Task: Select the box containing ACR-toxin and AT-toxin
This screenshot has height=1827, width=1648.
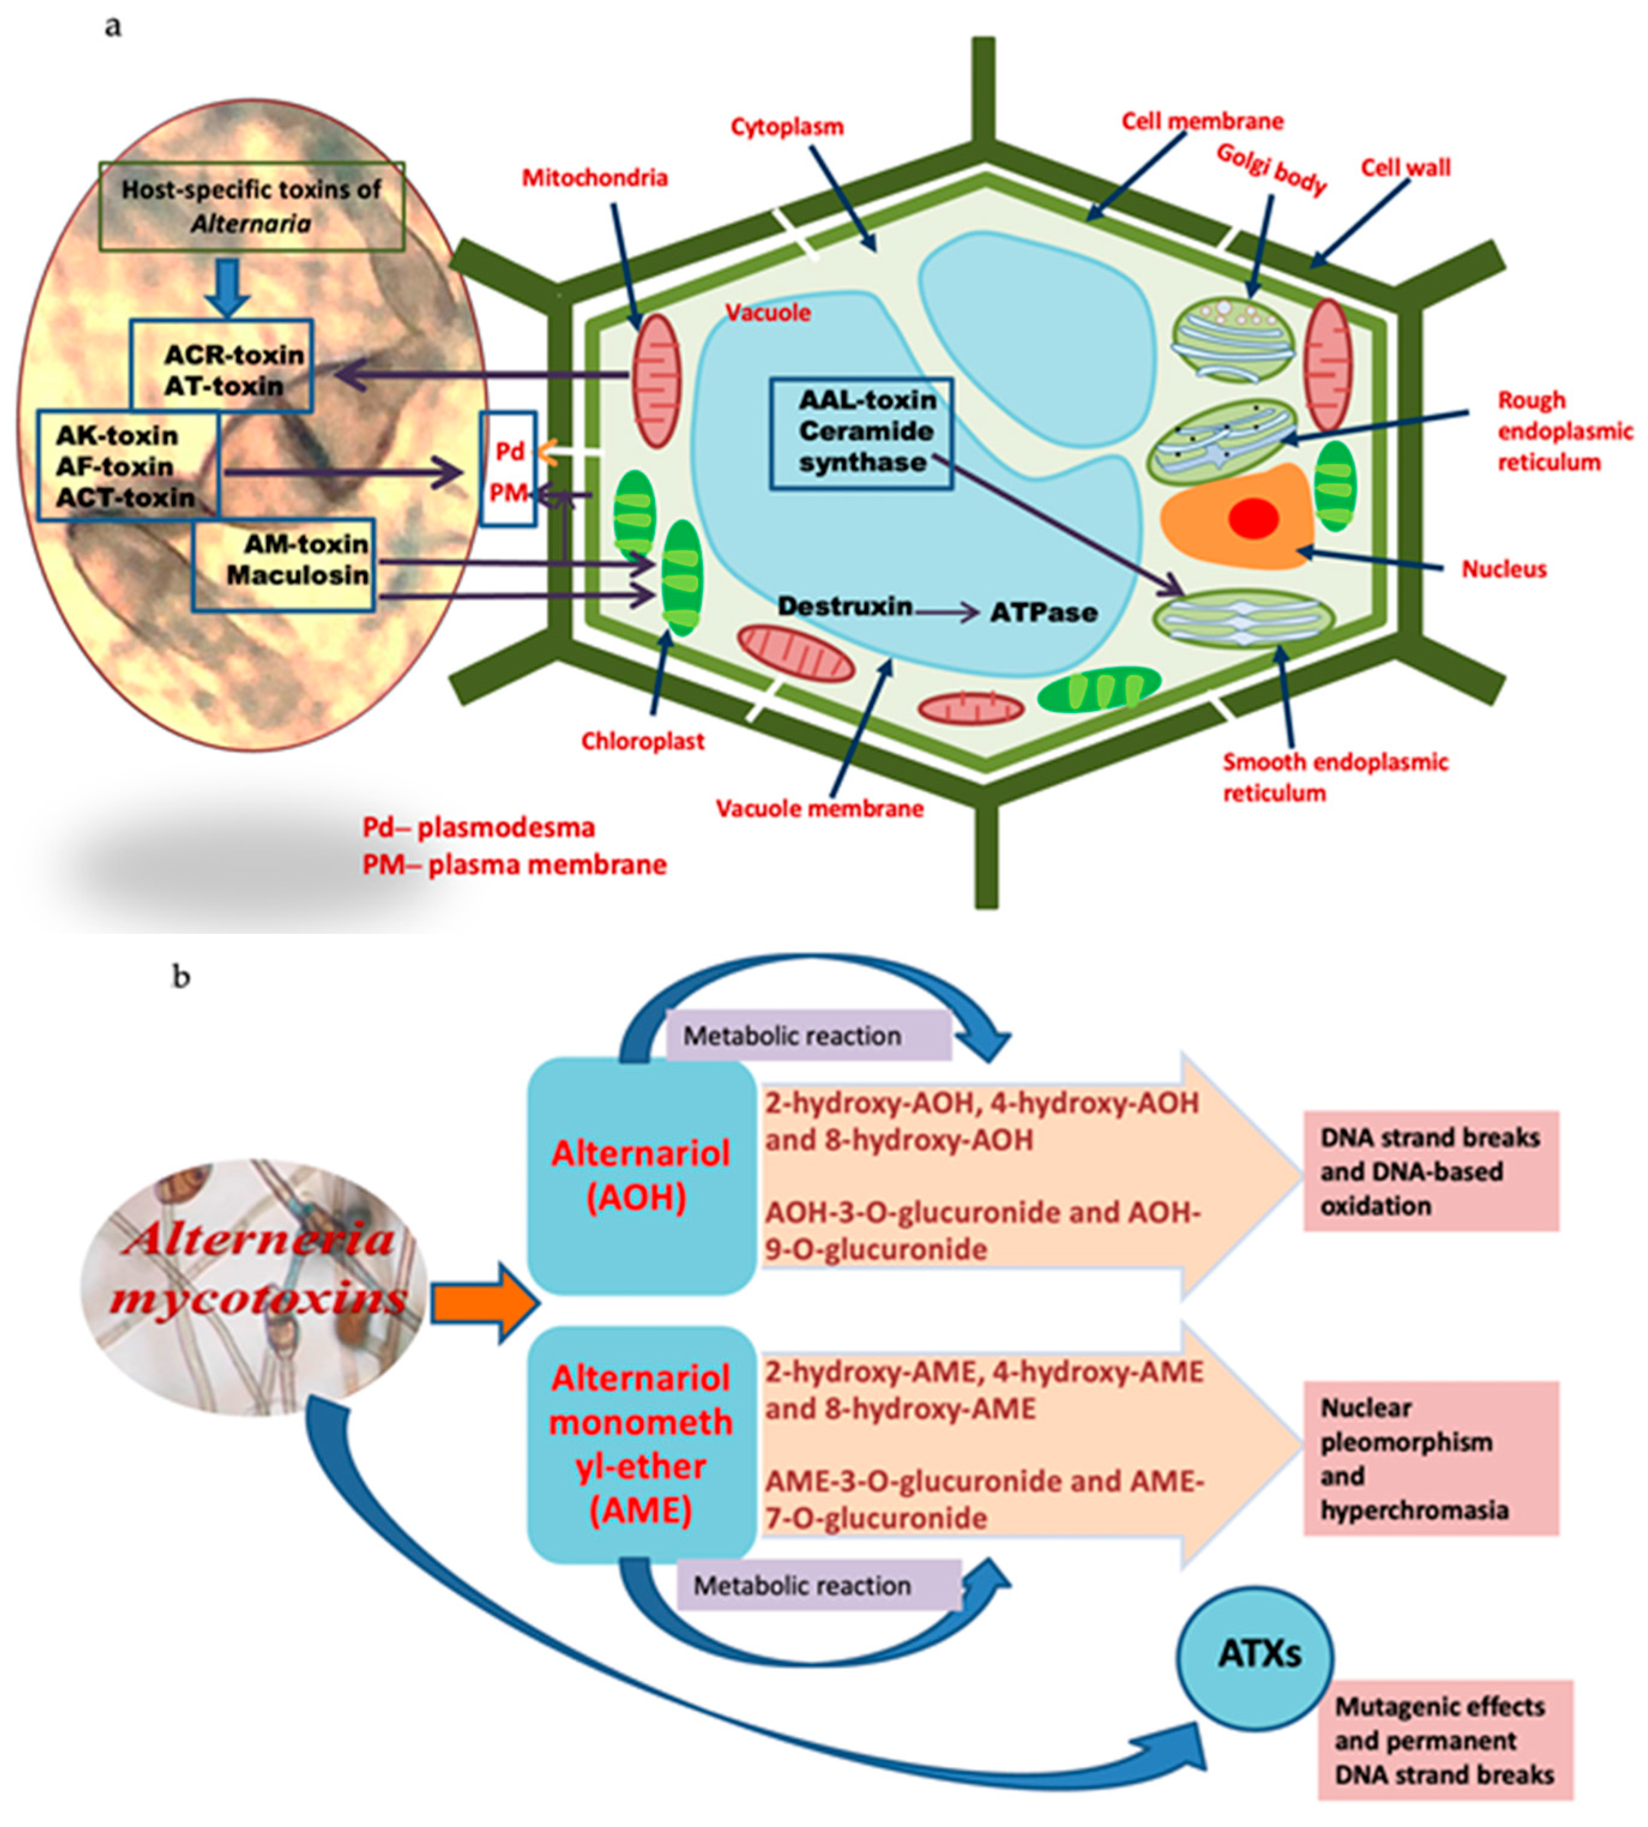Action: point(222,366)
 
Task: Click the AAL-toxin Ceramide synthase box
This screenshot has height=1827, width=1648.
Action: point(861,433)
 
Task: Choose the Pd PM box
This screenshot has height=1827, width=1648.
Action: point(508,469)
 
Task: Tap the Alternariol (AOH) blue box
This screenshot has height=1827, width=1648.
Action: point(641,1175)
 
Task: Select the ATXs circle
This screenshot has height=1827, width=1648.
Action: point(1254,1655)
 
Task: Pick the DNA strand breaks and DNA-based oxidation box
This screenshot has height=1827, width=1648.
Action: point(1430,1171)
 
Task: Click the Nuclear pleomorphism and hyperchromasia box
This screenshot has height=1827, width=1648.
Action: point(1430,1458)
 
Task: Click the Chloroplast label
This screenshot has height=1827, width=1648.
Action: point(642,741)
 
